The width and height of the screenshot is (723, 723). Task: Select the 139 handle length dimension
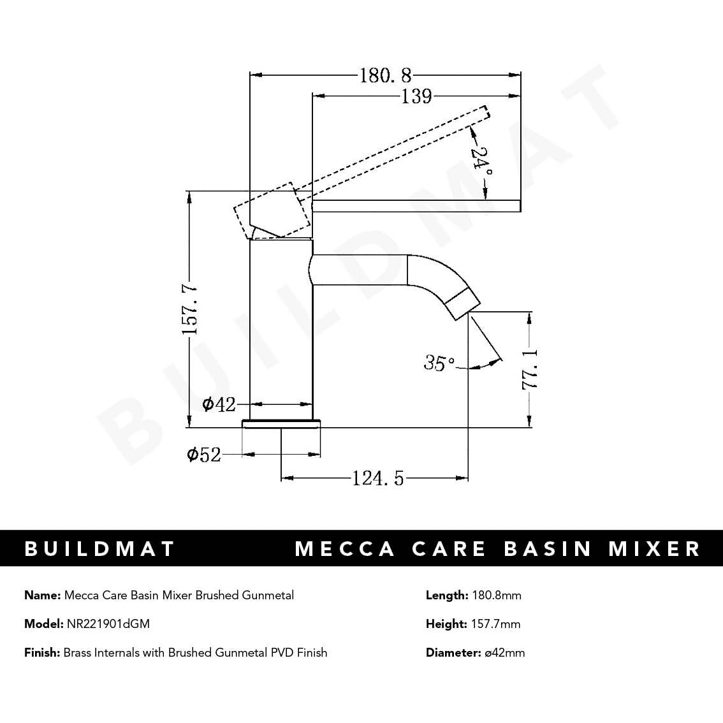416,96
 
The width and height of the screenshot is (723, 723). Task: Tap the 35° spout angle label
439,363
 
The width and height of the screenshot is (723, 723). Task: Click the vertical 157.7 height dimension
190,310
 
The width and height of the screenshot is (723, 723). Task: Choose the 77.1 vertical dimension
530,369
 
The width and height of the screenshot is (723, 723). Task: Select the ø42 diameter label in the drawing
219,404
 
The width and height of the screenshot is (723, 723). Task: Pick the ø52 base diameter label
203,455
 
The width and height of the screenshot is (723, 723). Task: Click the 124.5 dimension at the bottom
378,478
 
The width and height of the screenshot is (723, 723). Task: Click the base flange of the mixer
281,423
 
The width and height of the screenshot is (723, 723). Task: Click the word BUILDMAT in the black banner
99,548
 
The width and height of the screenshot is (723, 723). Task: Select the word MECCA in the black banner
345,548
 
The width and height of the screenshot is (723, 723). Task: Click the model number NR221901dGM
108,624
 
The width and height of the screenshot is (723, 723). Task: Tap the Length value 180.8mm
496,595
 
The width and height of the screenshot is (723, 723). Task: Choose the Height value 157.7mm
495,624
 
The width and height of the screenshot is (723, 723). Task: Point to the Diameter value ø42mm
504,652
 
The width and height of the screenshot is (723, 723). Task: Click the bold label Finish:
42,652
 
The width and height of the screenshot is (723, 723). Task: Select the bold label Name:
43,595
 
